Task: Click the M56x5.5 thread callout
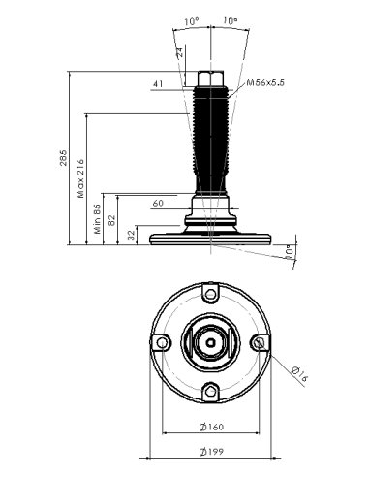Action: [265, 83]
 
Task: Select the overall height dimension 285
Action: [63, 158]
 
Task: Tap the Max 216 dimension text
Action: [80, 178]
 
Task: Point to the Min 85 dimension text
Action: [98, 219]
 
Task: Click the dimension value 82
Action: [111, 220]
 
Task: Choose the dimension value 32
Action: [131, 236]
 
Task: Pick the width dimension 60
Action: [158, 203]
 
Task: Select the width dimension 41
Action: [158, 84]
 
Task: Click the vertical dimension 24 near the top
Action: [180, 51]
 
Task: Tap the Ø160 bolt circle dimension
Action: [211, 427]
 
